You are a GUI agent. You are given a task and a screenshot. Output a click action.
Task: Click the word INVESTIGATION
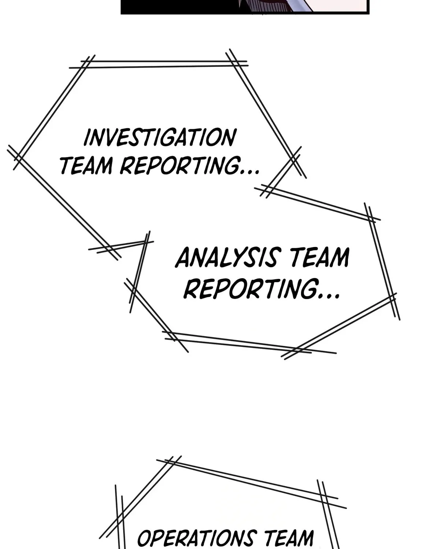click(x=160, y=138)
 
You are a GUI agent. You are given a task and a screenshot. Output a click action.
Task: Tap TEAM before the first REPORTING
click(x=86, y=166)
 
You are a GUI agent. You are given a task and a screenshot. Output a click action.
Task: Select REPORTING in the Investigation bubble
click(x=180, y=166)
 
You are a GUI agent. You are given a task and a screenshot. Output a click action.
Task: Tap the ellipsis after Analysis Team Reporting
click(x=329, y=296)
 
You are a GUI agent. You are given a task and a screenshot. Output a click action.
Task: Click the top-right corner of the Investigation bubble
click(x=233, y=63)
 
